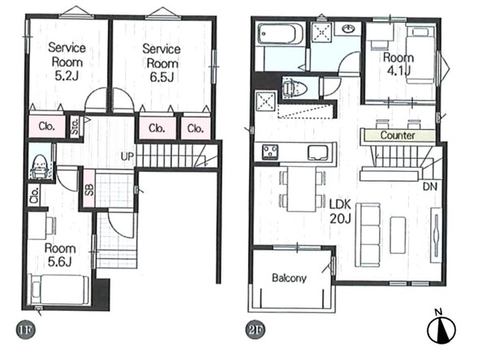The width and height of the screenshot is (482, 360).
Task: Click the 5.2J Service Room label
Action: (67, 62)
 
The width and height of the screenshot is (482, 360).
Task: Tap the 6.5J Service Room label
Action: (161, 63)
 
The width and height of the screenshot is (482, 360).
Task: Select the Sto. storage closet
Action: (75, 126)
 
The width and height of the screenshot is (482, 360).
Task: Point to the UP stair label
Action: (127, 156)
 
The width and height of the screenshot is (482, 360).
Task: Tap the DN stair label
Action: (430, 186)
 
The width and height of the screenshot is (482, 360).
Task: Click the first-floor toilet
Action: (39, 166)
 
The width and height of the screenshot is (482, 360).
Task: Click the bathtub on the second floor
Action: (280, 33)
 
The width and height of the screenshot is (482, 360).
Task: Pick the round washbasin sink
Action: (348, 29)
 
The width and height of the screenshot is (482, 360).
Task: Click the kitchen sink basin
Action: (317, 152)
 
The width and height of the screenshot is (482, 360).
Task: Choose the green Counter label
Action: (398, 135)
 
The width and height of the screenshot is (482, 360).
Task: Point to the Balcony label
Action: (289, 278)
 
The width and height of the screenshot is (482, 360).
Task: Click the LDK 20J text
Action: (340, 212)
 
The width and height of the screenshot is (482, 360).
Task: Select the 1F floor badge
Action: (26, 330)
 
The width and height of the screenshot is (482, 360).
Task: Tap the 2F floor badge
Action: (256, 331)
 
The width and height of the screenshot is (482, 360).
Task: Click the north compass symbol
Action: (441, 329)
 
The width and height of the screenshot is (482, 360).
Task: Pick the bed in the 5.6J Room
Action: (58, 290)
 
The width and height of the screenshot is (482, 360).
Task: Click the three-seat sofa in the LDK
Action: (368, 235)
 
